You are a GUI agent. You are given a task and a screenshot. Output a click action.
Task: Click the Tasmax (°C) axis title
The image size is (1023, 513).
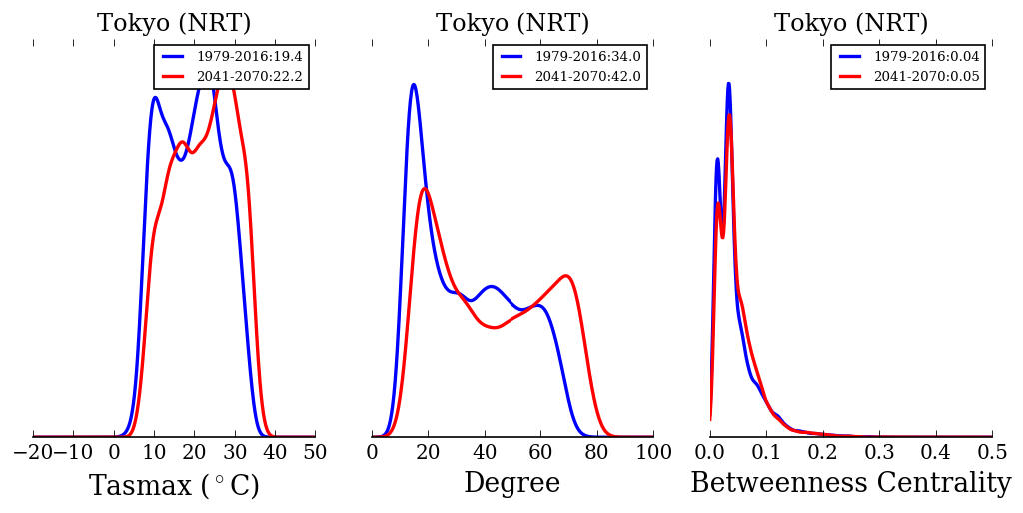174,486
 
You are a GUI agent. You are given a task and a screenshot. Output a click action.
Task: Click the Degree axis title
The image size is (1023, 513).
511,484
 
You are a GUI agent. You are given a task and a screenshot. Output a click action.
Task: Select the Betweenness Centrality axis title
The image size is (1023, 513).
850,484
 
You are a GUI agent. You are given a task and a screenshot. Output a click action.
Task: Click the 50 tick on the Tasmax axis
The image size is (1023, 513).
315,453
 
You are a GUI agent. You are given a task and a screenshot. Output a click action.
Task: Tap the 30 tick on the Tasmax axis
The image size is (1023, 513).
235,453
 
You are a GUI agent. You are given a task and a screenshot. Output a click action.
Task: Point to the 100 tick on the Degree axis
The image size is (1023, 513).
653,453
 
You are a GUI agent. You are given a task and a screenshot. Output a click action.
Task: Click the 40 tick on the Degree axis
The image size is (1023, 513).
485,453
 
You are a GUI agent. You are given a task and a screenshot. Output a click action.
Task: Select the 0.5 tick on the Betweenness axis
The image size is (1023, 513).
992,453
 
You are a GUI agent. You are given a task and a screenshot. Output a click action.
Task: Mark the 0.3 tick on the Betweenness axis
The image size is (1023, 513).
879,453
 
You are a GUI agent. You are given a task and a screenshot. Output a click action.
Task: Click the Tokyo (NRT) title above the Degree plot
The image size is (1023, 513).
512,24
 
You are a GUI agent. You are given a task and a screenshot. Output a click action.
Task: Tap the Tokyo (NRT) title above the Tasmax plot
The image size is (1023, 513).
174,24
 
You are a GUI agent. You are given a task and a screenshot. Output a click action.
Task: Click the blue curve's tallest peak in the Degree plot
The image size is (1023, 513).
413,85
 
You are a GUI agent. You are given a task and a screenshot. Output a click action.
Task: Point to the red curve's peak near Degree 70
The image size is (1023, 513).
566,276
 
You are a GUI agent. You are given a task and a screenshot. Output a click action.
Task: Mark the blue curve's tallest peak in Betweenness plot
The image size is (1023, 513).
728,84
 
